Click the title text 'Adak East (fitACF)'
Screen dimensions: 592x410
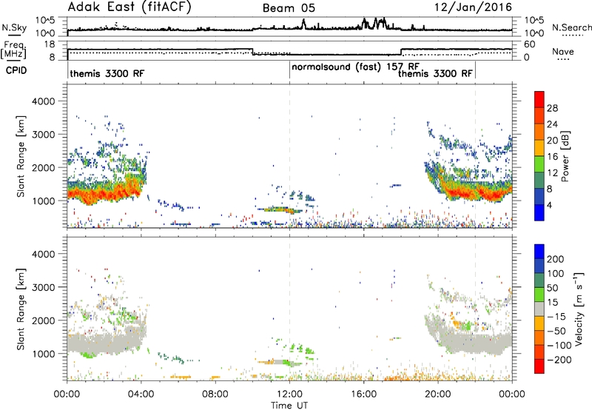[129, 7]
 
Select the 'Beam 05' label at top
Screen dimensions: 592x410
[289, 8]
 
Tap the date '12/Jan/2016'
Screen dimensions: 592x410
[473, 7]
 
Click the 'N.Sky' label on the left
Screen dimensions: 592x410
[14, 27]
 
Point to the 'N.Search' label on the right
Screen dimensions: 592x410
[571, 27]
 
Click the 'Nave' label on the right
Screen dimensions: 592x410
[563, 52]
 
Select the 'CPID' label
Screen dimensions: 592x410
[16, 70]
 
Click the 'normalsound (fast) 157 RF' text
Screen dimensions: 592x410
[356, 67]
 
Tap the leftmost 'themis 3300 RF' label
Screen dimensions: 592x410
[107, 73]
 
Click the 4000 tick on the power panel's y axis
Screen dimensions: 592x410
[44, 101]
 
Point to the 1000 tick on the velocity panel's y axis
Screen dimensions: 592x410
[44, 354]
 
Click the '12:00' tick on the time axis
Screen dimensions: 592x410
[289, 394]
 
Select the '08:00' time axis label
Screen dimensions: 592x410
[215, 394]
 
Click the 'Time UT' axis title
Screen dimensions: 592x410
[289, 406]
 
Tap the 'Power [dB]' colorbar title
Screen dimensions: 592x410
[565, 156]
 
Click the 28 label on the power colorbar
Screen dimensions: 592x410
[552, 108]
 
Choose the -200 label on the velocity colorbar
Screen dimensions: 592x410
[559, 360]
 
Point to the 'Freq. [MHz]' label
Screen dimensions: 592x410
[13, 50]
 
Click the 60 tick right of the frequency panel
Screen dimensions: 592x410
[530, 44]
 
